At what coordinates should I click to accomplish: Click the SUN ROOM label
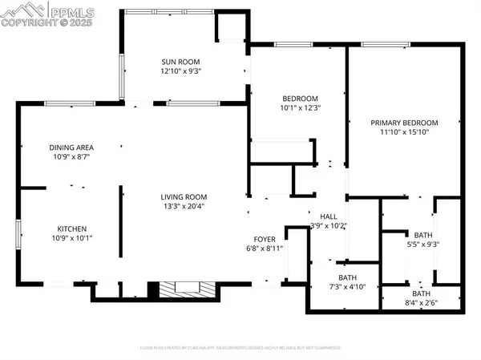pyautogui.click(x=180, y=62)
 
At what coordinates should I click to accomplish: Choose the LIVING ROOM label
pyautogui.click(x=184, y=196)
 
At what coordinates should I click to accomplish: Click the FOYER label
pyautogui.click(x=265, y=238)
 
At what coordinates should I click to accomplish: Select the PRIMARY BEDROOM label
pyautogui.click(x=401, y=123)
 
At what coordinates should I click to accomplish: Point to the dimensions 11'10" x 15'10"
pyautogui.click(x=401, y=133)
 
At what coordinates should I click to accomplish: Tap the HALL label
pyautogui.click(x=329, y=216)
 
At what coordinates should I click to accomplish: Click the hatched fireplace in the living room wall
pyautogui.click(x=185, y=289)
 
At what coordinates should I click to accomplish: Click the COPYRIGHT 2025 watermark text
pyautogui.click(x=47, y=22)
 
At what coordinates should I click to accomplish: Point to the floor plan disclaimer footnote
pyautogui.click(x=240, y=348)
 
